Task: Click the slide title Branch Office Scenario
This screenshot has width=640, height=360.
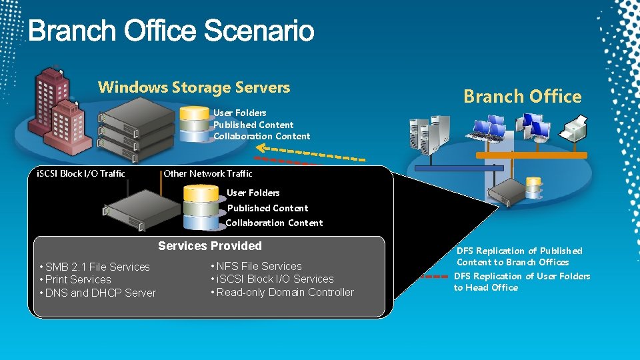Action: [x=171, y=31]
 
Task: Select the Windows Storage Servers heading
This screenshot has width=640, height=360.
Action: [x=194, y=87]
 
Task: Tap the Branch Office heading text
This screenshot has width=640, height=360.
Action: [x=522, y=97]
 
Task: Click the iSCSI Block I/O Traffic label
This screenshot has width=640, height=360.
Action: [x=81, y=173]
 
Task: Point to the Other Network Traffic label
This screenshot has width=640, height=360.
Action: [x=208, y=173]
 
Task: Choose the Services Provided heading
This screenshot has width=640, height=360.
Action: [x=210, y=246]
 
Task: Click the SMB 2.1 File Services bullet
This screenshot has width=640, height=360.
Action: [x=97, y=267]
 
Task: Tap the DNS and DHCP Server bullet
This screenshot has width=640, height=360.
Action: [x=101, y=293]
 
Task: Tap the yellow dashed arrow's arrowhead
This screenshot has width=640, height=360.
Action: [x=262, y=149]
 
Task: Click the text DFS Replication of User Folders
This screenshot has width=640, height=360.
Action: [x=522, y=276]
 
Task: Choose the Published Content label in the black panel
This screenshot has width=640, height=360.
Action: [x=268, y=208]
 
